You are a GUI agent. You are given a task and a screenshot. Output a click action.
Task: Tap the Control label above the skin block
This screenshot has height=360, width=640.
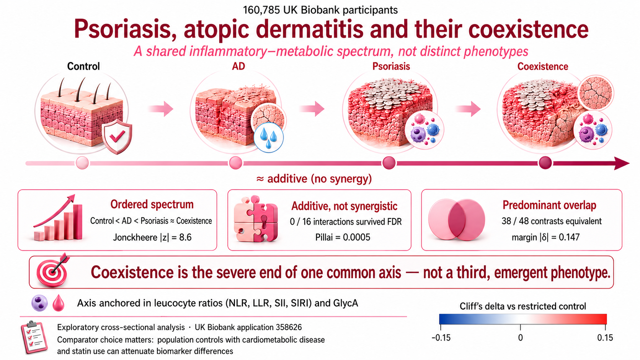[x=83, y=66]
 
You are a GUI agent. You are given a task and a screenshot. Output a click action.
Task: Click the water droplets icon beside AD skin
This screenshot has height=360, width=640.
[x=269, y=138]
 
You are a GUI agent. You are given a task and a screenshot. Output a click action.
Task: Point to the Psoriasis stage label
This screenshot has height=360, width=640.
[x=391, y=67]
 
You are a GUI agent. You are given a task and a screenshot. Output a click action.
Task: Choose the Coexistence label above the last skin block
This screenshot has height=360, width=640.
[x=542, y=67]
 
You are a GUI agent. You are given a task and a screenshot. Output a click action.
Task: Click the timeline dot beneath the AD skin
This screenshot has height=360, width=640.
[x=236, y=163]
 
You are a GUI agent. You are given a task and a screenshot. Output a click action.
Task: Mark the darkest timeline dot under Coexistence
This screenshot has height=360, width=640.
[x=545, y=163]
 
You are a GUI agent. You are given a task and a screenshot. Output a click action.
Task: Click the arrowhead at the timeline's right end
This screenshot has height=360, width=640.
[x=622, y=163]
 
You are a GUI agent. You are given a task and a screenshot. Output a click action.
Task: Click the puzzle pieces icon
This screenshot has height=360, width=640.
[x=255, y=219]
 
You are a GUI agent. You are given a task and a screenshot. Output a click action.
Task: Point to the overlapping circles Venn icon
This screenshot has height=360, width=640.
[x=457, y=219]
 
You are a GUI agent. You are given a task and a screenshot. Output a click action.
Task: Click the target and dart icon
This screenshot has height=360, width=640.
[x=53, y=270]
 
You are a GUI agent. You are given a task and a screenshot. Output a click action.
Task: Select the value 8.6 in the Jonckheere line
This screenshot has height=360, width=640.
[x=185, y=237]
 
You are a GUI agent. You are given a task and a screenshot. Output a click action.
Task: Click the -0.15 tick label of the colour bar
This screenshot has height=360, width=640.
[x=441, y=338]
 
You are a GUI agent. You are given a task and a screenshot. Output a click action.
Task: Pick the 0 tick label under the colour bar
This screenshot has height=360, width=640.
[x=521, y=338]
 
